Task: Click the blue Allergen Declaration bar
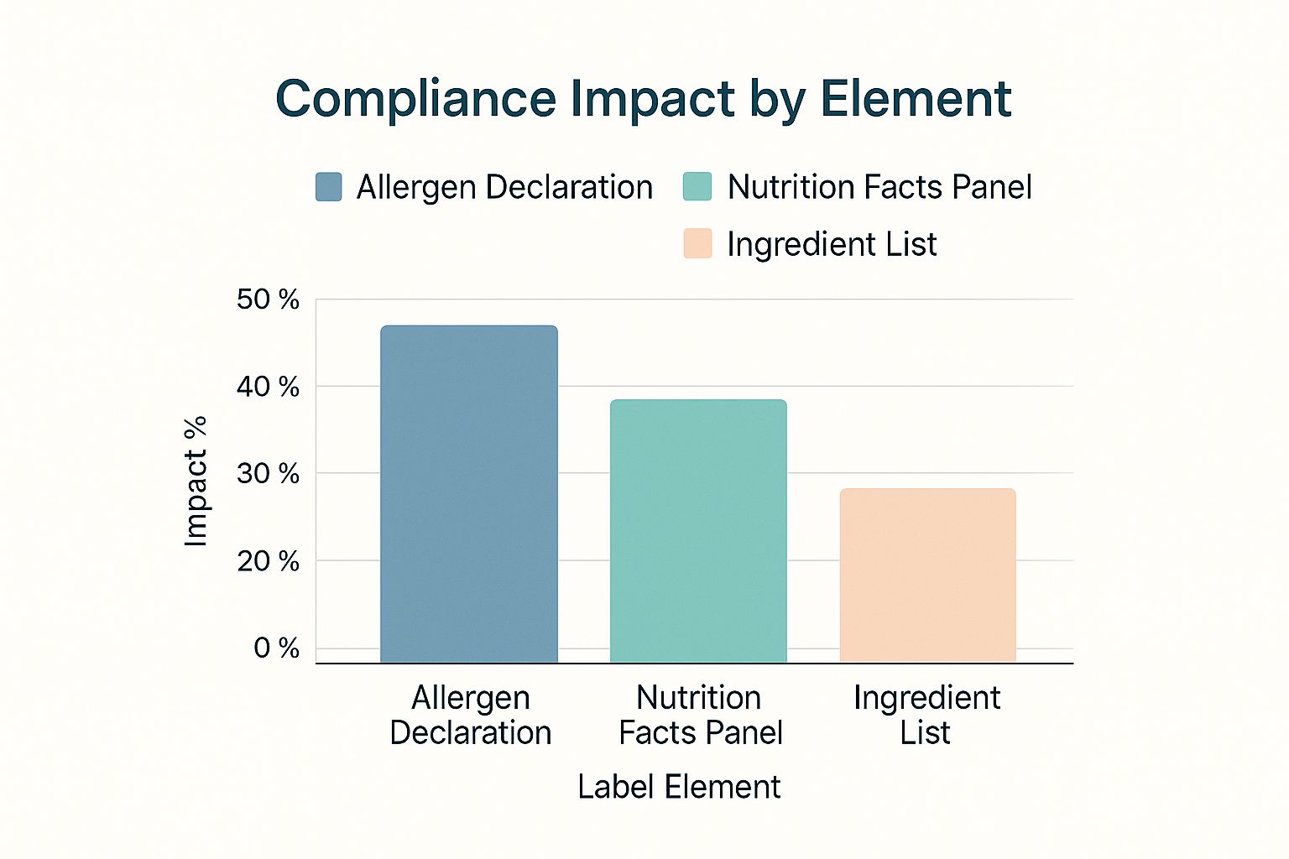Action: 468,495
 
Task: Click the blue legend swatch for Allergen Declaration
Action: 328,187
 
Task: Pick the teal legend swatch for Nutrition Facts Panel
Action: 697,187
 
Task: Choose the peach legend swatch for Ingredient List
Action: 697,244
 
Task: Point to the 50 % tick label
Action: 268,299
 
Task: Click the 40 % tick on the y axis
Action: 268,387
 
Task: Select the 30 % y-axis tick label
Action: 268,474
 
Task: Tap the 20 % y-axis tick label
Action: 268,561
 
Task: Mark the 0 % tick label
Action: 276,648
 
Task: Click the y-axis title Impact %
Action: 196,482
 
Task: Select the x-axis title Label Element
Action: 679,787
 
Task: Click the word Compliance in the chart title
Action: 415,99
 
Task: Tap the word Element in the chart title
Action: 916,99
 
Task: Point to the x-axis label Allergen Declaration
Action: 470,715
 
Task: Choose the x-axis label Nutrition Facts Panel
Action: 700,715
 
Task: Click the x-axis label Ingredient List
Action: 926,715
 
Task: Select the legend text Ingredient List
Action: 831,244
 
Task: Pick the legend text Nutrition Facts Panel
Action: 879,187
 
